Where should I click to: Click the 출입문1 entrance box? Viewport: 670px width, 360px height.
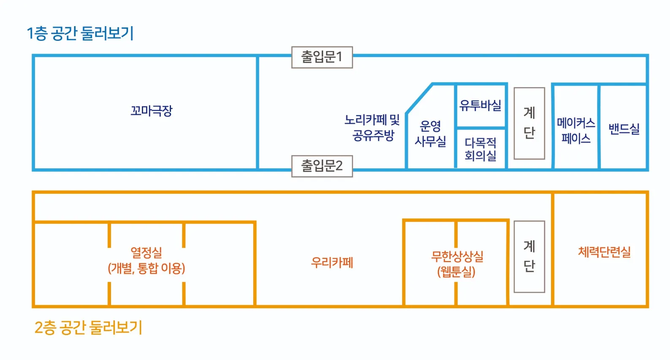pos(322,57)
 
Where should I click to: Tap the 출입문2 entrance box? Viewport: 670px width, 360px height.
pos(322,166)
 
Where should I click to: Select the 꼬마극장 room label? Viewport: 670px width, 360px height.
pos(152,111)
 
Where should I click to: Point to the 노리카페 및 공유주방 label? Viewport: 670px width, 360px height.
pos(372,127)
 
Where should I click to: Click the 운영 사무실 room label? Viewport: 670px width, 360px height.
pos(430,133)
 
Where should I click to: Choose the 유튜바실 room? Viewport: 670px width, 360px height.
pos(480,105)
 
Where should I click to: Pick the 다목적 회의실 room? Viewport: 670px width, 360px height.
pos(480,149)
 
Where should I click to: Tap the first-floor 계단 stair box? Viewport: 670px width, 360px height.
pos(529,123)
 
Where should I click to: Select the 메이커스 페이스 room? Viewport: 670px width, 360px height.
pos(576,130)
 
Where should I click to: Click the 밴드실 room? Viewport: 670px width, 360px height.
pos(624,129)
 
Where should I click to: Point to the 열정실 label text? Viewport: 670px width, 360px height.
pos(146,253)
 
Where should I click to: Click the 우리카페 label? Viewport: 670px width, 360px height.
pos(332,263)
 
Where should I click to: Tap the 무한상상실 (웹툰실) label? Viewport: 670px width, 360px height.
pos(457,263)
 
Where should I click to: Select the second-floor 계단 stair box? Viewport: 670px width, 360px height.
pos(529,256)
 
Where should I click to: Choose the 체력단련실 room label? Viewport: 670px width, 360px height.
pos(604,252)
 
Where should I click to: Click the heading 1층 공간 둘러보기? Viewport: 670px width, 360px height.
pos(80,33)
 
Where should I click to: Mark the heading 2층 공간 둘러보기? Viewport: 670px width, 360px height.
pos(88,328)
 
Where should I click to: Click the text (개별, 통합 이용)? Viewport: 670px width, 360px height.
pos(146,268)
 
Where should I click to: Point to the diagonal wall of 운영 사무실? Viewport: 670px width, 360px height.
pos(419,99)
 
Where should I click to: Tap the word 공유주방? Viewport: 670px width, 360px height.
pos(373,135)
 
